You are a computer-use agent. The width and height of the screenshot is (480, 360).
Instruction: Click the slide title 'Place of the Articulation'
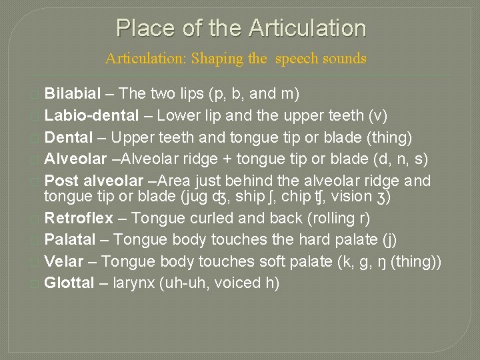[241, 28]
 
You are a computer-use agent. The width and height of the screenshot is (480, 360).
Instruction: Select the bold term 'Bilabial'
[73, 93]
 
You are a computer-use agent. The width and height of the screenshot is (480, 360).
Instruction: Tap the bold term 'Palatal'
[69, 239]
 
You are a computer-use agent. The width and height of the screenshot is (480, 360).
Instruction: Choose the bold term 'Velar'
[63, 261]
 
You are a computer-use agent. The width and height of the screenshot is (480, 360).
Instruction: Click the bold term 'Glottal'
[69, 283]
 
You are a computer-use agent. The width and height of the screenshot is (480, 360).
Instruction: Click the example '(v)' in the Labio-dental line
[377, 115]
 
